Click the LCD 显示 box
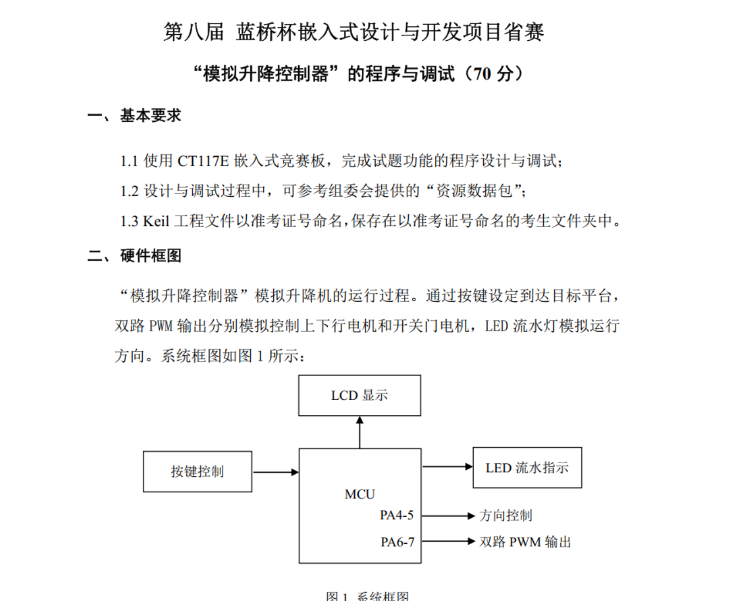click(359, 395)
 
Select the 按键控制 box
click(197, 471)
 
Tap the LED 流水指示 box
click(527, 468)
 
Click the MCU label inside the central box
click(360, 494)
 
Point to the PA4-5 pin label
click(396, 516)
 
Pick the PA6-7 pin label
click(397, 542)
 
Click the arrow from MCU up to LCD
click(360, 432)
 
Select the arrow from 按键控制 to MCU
click(275, 472)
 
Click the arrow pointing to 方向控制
click(448, 516)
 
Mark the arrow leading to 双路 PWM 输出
click(448, 541)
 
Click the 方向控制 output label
click(506, 516)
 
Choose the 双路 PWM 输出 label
click(525, 542)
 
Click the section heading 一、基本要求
click(134, 116)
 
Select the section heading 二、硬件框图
click(134, 256)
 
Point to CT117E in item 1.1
click(203, 161)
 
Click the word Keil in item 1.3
click(156, 221)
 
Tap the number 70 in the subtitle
click(482, 73)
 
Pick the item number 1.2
click(129, 191)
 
